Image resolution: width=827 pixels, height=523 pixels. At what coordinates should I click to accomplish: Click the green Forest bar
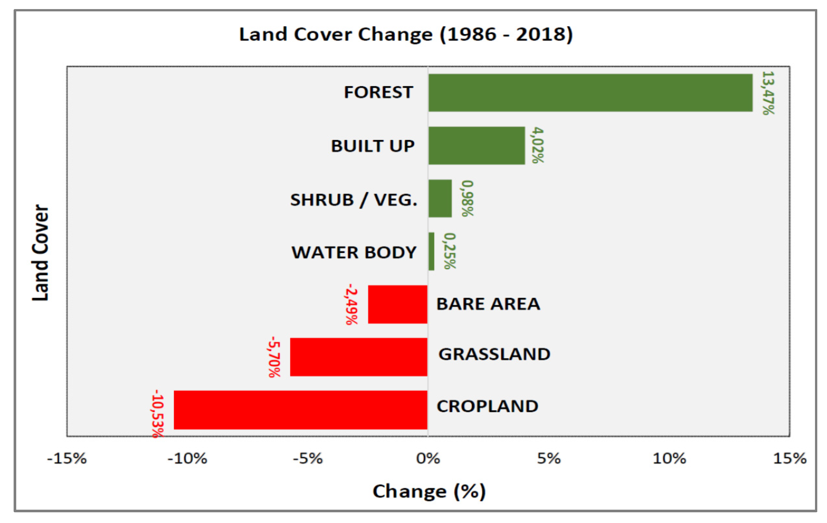click(x=590, y=93)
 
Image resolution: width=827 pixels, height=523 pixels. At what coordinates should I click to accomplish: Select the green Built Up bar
click(x=477, y=146)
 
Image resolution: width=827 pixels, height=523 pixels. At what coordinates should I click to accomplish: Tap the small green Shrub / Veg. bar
click(x=440, y=199)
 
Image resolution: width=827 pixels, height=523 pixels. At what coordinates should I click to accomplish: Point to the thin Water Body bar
click(x=432, y=252)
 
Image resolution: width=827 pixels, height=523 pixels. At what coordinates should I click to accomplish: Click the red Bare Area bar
click(x=398, y=305)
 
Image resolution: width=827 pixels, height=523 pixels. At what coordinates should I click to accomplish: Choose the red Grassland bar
click(x=359, y=357)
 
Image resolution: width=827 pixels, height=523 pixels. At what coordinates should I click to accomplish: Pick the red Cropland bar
click(x=300, y=410)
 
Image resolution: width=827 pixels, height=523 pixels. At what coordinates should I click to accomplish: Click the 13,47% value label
click(x=768, y=93)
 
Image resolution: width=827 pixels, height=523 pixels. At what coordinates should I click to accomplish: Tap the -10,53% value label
click(x=157, y=414)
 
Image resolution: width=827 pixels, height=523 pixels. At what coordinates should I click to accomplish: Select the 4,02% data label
click(x=538, y=145)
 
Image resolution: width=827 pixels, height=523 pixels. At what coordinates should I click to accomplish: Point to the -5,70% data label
click(x=274, y=357)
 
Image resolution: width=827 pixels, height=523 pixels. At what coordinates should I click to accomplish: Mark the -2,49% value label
click(x=352, y=304)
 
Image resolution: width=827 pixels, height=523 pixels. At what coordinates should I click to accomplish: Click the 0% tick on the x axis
click(x=428, y=459)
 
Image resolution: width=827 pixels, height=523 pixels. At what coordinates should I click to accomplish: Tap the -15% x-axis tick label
click(x=67, y=459)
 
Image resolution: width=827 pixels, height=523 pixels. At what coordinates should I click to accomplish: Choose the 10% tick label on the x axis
click(x=669, y=459)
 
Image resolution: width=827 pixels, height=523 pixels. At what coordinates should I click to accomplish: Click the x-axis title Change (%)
click(x=429, y=492)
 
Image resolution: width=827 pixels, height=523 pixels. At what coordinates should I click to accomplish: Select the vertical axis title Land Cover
click(x=41, y=253)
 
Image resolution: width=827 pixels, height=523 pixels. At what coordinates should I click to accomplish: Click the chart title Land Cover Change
click(x=406, y=35)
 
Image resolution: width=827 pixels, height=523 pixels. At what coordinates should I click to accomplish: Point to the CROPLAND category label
click(x=487, y=406)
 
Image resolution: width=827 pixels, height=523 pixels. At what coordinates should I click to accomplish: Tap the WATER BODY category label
click(x=354, y=253)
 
